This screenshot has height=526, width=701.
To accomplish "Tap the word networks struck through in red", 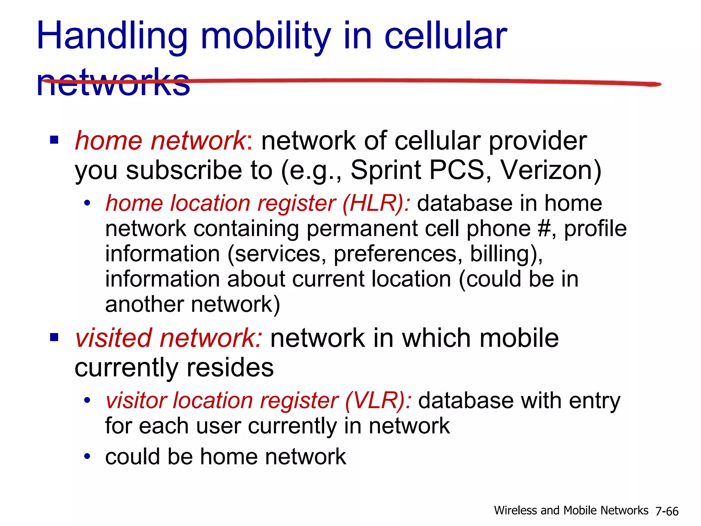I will coord(113,82).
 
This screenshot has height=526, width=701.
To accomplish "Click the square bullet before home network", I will coord(54,140).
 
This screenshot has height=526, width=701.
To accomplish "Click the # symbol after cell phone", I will coord(545,228).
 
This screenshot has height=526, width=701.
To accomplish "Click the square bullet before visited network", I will coord(54,337).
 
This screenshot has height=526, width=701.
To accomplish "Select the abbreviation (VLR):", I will coord(378,401).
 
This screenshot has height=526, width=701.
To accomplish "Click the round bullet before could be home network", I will coord(88,456).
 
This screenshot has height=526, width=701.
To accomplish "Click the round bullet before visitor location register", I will coord(88,400).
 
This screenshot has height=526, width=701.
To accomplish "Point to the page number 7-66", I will coord(667,511).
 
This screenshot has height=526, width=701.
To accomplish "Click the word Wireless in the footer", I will coord(516,511).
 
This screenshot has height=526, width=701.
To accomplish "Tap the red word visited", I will coord(113,338).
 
